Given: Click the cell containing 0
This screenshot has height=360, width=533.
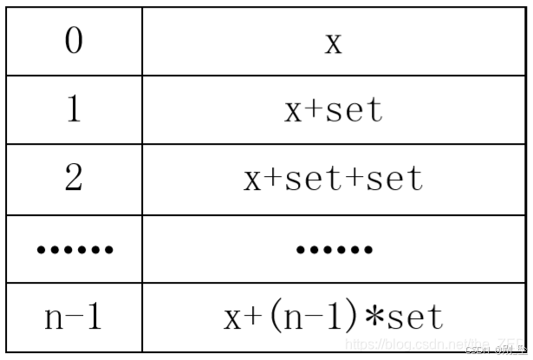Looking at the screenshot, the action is point(74,41).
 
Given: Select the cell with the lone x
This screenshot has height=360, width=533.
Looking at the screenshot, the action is point(334,42).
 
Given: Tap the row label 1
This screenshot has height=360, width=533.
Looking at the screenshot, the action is point(74,109).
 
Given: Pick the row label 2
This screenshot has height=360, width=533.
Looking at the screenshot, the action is point(74,178).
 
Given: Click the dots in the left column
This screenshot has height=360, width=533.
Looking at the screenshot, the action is point(75,251).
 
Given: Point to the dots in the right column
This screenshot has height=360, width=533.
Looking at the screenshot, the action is point(334,251).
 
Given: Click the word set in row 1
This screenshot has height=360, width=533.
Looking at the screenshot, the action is point(354,110).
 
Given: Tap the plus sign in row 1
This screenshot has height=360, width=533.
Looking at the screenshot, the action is point(315,111).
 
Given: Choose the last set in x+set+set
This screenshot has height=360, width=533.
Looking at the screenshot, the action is point(394,179).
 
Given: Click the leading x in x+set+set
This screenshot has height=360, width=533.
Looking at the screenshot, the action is point(253,179).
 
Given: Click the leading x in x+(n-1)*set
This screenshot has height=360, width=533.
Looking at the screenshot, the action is point(231,317).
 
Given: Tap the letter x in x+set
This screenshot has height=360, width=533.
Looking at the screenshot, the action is point(294,111).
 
